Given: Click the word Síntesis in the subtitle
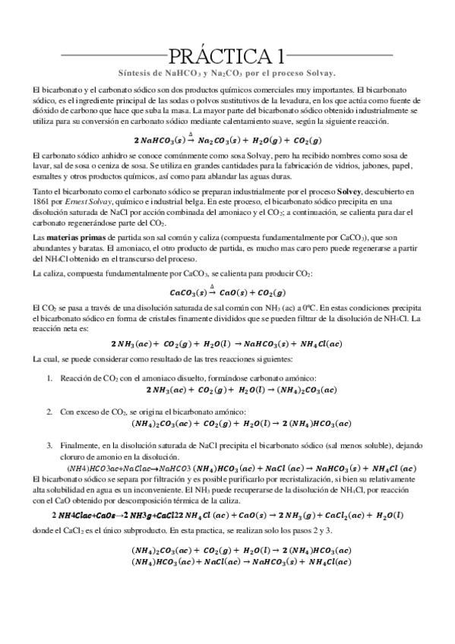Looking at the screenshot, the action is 136,73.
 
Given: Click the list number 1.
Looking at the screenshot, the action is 50,378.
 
